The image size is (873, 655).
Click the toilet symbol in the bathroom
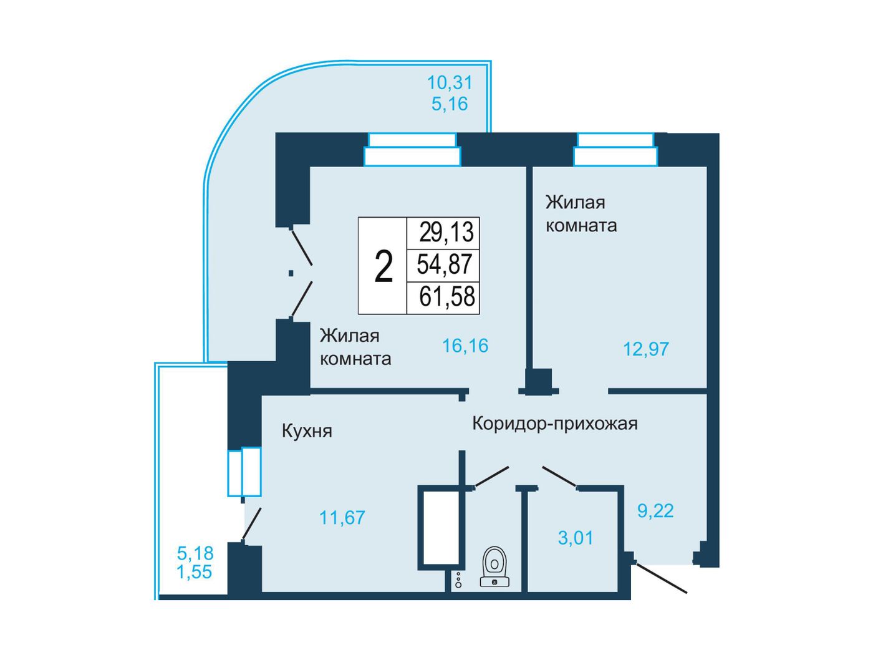(x=494, y=566)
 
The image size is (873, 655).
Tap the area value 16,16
(x=465, y=346)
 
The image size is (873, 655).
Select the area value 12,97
(x=646, y=349)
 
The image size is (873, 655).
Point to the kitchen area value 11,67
(x=342, y=518)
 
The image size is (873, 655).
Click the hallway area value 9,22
(x=656, y=511)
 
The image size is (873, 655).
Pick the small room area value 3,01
(x=576, y=538)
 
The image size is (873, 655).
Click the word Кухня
(x=307, y=431)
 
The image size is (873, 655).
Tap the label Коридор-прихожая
(x=555, y=424)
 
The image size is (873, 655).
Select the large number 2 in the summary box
(x=383, y=267)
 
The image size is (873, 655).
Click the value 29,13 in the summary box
(x=446, y=232)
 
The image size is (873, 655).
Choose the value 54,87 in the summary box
(x=444, y=264)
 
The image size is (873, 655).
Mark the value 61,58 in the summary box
(x=447, y=297)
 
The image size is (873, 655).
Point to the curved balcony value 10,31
(x=450, y=83)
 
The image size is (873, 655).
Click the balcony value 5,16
(x=450, y=104)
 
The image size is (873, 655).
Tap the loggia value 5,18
(x=195, y=553)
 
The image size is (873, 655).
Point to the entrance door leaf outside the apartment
(x=660, y=577)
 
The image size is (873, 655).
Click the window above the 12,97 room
(x=615, y=150)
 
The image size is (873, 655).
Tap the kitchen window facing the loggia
(x=244, y=472)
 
